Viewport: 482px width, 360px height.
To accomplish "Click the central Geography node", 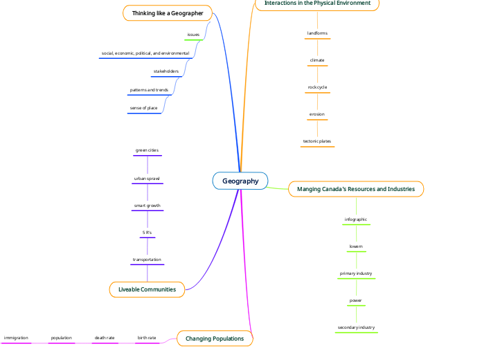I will (x=240, y=181).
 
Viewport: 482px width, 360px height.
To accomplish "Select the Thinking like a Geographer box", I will (x=168, y=13).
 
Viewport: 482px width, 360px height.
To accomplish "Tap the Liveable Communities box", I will (x=147, y=289).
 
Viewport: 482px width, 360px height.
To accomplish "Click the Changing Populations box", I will (x=215, y=339).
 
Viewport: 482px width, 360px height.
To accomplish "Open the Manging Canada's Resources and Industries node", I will (x=355, y=189).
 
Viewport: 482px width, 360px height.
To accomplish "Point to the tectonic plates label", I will (x=317, y=141).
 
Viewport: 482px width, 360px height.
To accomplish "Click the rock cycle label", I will (x=317, y=87).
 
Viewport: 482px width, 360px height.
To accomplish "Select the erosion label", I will (x=317, y=114).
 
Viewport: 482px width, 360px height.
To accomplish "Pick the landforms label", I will (x=317, y=33).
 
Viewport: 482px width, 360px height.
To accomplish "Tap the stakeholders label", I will (x=166, y=71).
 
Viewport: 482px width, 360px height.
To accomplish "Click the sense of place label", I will (x=144, y=108).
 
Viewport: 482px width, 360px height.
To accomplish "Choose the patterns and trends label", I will (x=149, y=90).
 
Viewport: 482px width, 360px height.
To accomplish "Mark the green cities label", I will (x=147, y=150).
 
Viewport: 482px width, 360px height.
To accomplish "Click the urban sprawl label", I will (x=147, y=179).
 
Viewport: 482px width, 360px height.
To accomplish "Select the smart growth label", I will (x=147, y=206).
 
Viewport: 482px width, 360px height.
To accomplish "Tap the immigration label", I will (x=16, y=338).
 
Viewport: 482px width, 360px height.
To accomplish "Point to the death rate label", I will (x=105, y=338).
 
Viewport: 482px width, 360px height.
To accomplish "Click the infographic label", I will (x=356, y=219).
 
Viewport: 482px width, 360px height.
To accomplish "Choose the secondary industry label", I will (x=356, y=327).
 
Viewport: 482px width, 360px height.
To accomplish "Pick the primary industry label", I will (x=356, y=273).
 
